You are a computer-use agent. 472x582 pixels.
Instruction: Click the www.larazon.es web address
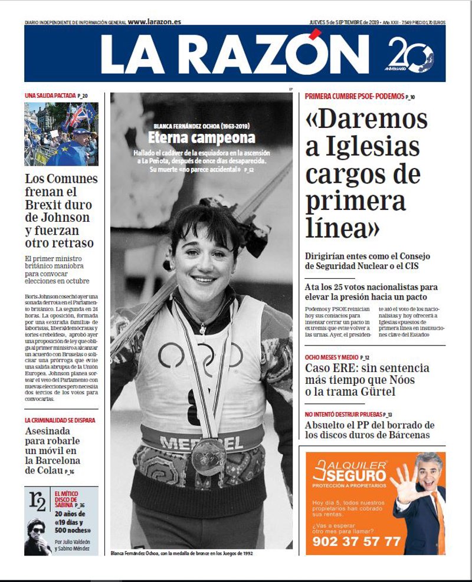[x=154, y=22]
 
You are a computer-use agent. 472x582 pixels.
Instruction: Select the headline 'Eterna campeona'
[x=201, y=139]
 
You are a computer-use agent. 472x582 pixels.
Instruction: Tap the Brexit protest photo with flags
[x=61, y=134]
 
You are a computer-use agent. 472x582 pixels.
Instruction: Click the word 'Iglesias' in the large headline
[x=362, y=147]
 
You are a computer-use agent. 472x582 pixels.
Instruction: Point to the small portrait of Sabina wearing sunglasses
[x=38, y=536]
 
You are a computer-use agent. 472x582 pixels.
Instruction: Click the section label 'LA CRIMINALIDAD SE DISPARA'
[x=60, y=420]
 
